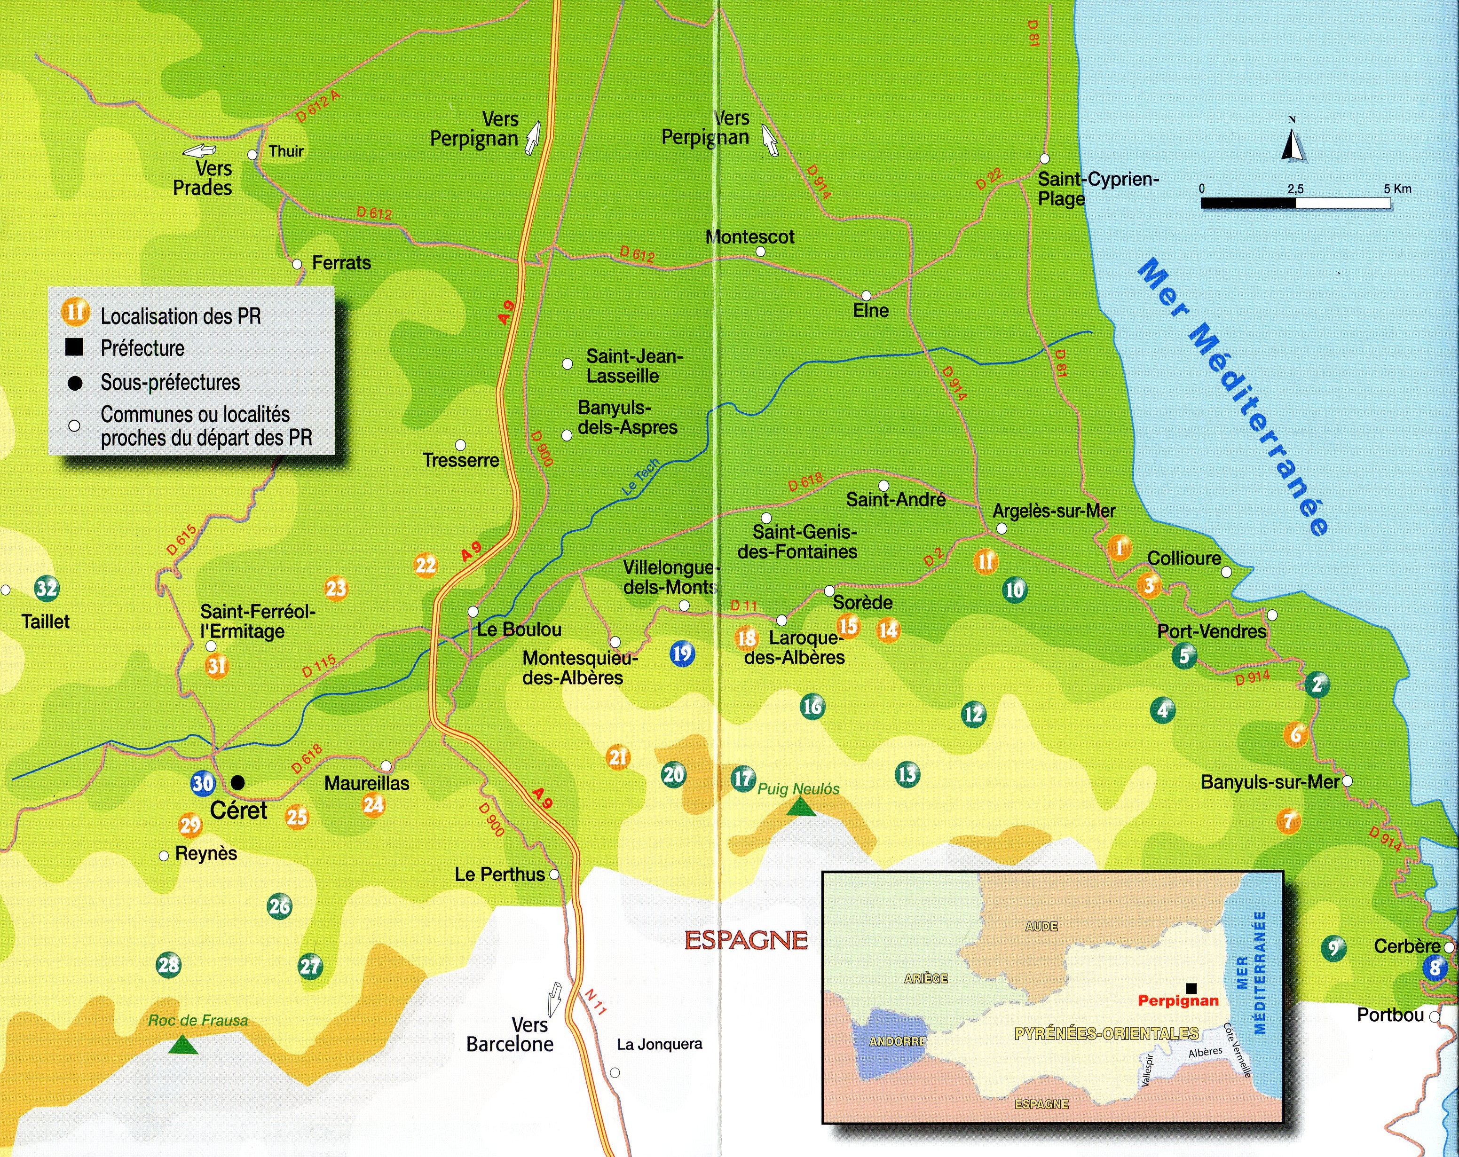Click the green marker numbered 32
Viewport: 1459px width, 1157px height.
[47, 589]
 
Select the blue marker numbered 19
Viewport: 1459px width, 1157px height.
[681, 653]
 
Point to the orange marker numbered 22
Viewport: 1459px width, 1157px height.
[426, 565]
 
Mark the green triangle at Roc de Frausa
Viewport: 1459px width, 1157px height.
[183, 1045]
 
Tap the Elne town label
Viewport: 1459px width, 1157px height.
[871, 311]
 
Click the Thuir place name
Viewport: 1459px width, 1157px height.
[286, 151]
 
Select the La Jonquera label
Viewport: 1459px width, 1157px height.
[659, 1044]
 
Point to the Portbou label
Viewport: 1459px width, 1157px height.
[1391, 1015]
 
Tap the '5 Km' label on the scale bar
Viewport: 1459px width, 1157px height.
[1397, 189]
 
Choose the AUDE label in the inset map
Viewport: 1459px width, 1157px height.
[1041, 926]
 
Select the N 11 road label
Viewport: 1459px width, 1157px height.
[595, 1002]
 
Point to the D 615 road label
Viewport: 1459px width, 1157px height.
[181, 540]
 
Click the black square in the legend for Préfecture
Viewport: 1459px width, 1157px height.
[74, 348]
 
